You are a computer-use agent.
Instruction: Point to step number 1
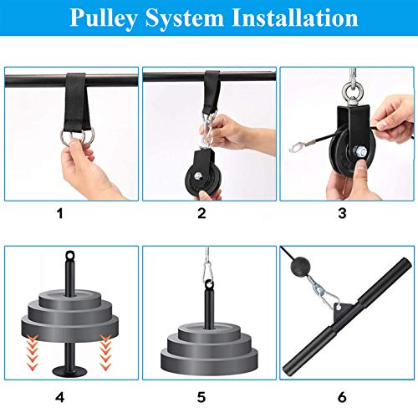pos(59,213)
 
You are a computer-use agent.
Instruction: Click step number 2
pos(201,213)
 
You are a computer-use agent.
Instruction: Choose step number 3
pos(344,213)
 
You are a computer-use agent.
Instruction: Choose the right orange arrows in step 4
pos(108,344)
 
